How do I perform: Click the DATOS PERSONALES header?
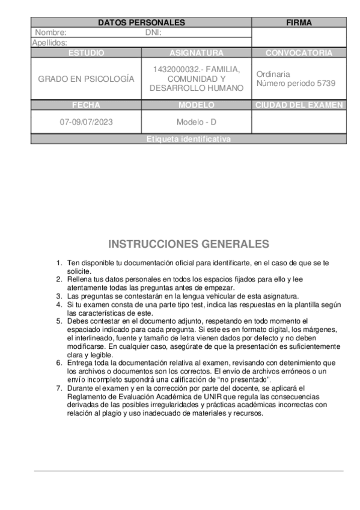point(141,22)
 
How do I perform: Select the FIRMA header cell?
point(299,22)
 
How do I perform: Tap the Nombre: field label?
point(50,32)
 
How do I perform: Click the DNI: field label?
point(154,32)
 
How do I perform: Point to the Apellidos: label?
point(49,43)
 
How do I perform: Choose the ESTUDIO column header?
point(86,53)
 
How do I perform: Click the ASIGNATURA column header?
point(197,53)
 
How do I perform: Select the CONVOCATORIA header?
point(299,53)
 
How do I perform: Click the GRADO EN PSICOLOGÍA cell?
point(86,79)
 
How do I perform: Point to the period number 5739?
point(326,84)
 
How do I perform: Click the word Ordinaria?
point(273,74)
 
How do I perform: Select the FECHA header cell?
point(86,105)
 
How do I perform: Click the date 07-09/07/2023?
point(86,121)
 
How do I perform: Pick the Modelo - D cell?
point(197,121)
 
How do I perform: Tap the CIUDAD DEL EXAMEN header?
point(299,105)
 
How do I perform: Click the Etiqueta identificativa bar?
point(188,139)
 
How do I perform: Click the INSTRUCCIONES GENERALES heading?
point(189,244)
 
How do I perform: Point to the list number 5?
point(59,321)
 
